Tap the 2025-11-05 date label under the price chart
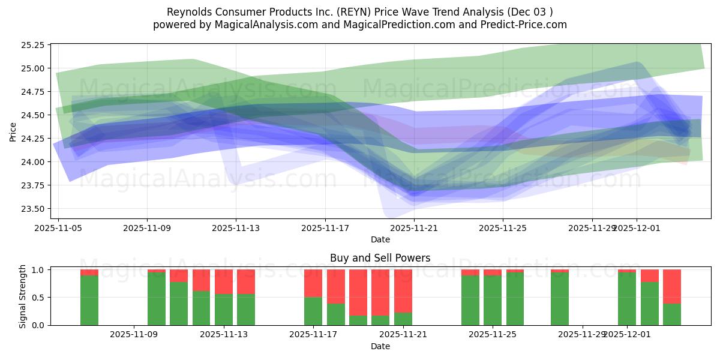point(58,228)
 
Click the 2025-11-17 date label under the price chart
point(325,228)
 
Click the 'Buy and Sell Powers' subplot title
point(380,259)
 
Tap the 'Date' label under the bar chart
point(380,346)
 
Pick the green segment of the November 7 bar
point(89,300)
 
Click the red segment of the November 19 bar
point(358,292)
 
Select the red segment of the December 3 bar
point(672,286)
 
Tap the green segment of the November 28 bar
point(560,299)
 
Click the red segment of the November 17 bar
point(313,283)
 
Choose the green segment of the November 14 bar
point(246,310)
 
